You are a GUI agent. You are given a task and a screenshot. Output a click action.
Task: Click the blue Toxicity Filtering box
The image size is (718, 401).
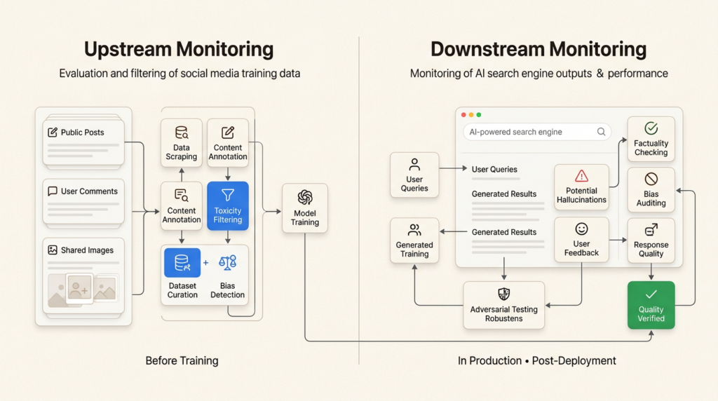(x=227, y=207)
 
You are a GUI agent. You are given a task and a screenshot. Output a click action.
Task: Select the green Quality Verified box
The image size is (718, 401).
(x=651, y=306)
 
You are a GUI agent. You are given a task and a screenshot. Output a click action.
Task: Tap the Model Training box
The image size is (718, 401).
(x=304, y=208)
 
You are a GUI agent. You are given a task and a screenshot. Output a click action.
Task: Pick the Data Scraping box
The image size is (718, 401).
(x=182, y=142)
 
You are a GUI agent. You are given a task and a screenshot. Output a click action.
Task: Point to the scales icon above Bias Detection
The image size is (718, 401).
(x=228, y=263)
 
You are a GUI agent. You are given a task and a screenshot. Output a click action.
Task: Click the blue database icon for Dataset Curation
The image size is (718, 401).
(x=182, y=263)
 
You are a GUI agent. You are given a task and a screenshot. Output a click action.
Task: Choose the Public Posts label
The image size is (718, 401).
(x=82, y=132)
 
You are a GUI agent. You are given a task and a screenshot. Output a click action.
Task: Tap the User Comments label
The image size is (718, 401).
(x=89, y=191)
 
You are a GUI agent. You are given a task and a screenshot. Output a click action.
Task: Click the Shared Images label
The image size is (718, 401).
(x=87, y=250)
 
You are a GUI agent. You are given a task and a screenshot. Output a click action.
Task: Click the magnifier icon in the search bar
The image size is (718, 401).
(x=601, y=132)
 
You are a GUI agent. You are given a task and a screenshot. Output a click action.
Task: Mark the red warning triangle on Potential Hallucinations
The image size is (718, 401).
(x=581, y=176)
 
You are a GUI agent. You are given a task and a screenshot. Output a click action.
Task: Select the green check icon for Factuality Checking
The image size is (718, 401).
(x=651, y=128)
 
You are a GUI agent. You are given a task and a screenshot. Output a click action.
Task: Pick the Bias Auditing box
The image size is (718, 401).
(x=651, y=190)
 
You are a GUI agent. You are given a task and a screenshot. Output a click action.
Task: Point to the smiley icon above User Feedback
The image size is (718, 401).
(x=581, y=229)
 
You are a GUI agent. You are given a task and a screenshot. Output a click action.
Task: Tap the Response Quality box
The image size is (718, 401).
(x=651, y=240)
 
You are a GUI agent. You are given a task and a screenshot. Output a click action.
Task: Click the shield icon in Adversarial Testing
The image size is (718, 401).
(x=503, y=294)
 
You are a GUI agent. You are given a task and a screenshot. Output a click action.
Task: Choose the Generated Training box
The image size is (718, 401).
(x=414, y=240)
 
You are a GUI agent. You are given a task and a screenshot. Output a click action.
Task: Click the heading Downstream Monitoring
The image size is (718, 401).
(x=538, y=50)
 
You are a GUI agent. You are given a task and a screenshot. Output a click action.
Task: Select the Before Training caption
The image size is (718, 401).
(x=182, y=361)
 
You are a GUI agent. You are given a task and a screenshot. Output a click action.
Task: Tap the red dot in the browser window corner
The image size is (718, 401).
(x=463, y=114)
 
